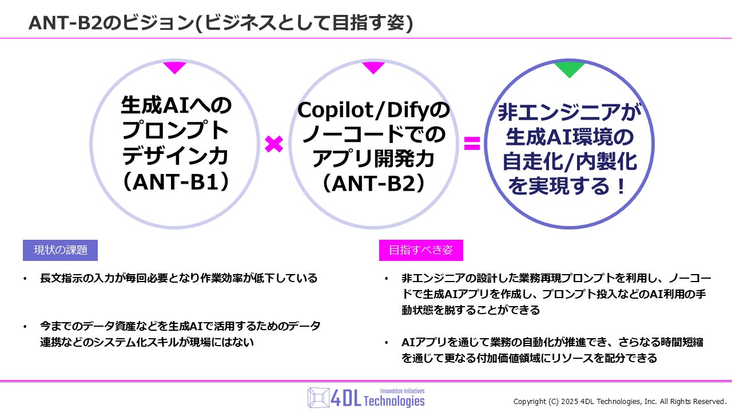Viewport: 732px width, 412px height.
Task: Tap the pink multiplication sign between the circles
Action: coord(274,144)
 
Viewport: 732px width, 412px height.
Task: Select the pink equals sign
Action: coord(472,144)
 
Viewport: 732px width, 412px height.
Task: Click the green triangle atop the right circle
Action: coord(570,69)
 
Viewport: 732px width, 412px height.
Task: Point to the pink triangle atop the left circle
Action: coord(174,67)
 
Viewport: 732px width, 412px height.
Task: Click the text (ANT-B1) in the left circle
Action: coord(175,183)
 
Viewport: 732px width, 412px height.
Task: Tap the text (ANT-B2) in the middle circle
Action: coord(373,183)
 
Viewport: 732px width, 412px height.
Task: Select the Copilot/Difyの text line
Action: coord(373,110)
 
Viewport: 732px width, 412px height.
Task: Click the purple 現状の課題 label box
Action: coord(60,250)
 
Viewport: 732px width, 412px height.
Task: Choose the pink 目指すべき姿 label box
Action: coord(421,250)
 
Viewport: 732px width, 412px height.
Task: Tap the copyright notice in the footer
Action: coord(620,401)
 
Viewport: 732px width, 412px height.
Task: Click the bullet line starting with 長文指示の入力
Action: coord(178,279)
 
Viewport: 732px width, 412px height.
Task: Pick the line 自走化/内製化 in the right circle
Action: coord(570,162)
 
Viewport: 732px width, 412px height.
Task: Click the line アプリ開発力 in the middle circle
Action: coord(373,159)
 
